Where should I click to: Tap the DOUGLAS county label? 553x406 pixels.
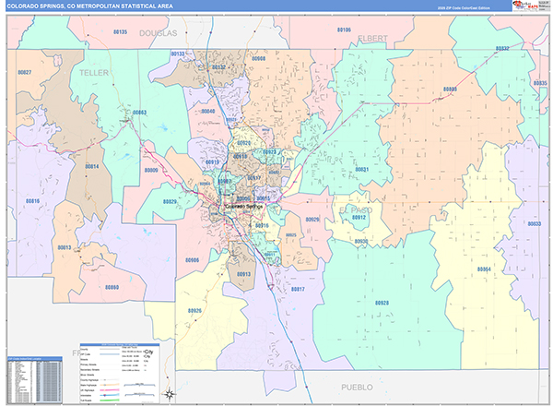158,32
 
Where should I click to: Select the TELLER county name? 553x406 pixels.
94,72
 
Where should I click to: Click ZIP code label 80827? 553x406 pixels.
24,72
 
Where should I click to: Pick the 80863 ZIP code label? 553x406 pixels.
139,113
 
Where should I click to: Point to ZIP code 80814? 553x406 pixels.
92,166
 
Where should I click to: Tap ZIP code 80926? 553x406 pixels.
194,311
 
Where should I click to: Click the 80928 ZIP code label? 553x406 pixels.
382,303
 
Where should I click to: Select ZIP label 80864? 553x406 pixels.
484,269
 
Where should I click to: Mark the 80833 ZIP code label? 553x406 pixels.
534,224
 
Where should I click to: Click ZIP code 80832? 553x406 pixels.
502,48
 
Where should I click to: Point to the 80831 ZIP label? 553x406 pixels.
362,170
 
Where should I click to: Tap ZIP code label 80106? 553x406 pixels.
344,30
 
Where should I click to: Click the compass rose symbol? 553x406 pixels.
170,394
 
